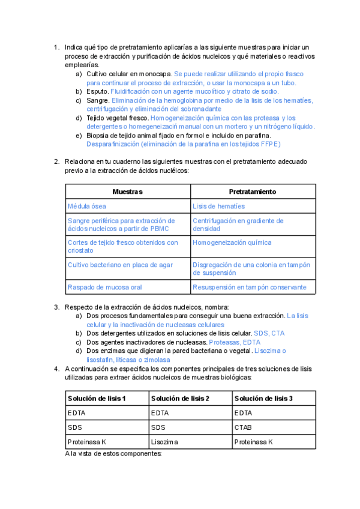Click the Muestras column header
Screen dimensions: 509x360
(128, 191)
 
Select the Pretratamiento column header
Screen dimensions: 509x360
(253, 191)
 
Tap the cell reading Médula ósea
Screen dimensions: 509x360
(87, 206)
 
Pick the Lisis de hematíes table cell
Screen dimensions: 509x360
(218, 206)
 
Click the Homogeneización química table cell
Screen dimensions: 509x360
(232, 242)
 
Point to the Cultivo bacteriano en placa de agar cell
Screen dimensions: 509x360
(120, 265)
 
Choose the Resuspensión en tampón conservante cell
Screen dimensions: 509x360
(249, 287)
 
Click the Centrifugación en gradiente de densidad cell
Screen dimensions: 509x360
(238, 224)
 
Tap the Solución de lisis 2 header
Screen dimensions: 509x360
(180, 399)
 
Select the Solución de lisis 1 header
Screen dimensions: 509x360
(97, 399)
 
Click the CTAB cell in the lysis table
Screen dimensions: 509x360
(244, 427)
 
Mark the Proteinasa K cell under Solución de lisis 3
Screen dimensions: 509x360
(254, 442)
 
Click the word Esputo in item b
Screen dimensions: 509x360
(97, 91)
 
